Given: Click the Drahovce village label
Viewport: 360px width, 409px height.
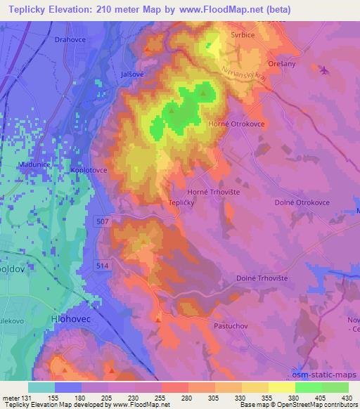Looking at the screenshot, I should pos(70,40).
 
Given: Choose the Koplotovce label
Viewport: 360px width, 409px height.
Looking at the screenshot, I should pos(88,169).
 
